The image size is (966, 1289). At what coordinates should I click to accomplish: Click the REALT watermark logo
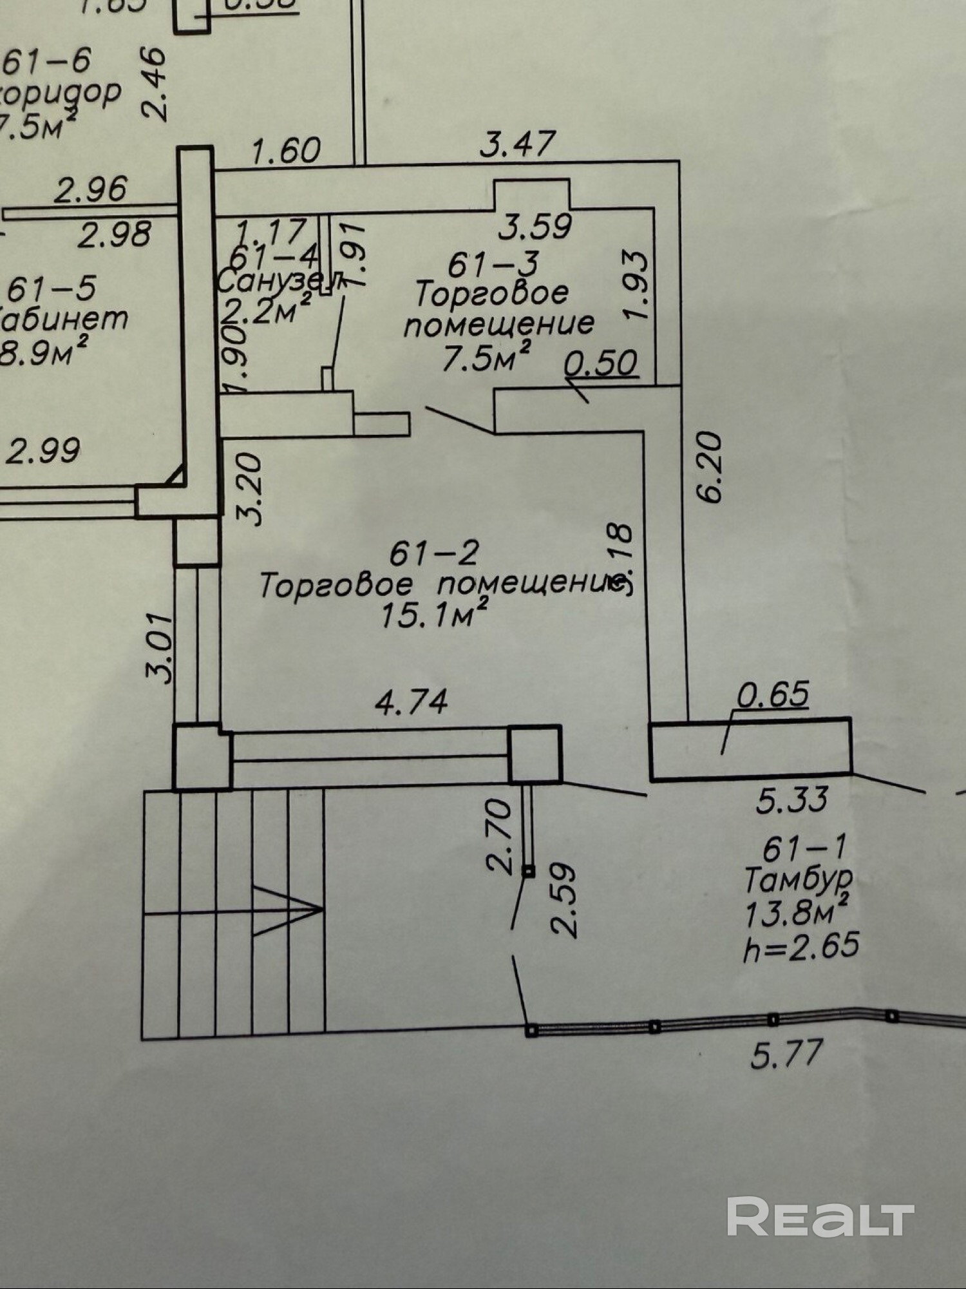[820, 1216]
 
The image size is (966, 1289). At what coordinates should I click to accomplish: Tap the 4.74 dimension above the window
[412, 702]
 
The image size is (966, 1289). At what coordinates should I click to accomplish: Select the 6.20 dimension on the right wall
[710, 468]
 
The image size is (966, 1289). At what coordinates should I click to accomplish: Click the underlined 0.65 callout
[773, 695]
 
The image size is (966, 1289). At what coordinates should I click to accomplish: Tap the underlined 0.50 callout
[601, 363]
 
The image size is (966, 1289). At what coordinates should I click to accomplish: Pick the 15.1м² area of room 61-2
[434, 617]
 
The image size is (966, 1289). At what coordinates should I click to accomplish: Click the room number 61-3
[493, 264]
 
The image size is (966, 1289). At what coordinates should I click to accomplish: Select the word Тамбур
[799, 880]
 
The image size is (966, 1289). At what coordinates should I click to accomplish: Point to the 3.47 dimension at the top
[517, 144]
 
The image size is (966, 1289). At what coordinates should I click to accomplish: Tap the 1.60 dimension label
[286, 151]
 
